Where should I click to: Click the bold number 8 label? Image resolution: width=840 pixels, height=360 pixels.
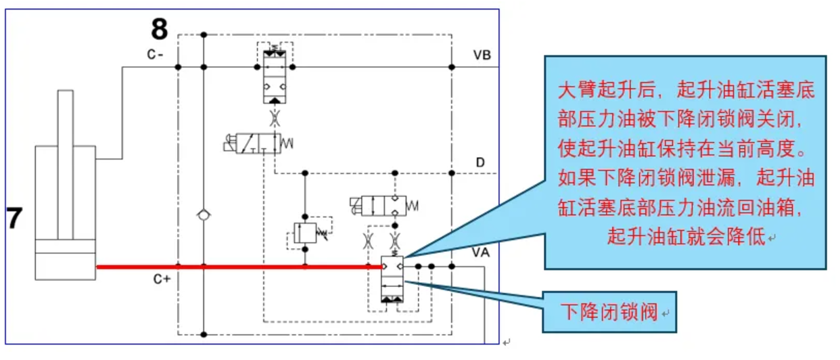(x=159, y=30)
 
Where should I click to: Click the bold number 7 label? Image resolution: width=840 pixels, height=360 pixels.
(x=15, y=219)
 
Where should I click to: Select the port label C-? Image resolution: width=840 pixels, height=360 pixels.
(x=155, y=55)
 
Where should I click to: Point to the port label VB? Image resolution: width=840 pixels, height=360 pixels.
(x=482, y=55)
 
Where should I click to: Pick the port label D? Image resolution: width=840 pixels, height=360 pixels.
(x=480, y=162)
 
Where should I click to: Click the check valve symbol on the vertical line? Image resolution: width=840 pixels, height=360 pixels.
(x=202, y=215)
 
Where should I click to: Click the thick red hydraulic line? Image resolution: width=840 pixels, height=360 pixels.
(x=237, y=267)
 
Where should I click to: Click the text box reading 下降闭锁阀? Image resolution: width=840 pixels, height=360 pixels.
(x=609, y=313)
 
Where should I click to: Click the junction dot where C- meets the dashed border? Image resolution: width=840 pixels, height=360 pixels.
(x=177, y=67)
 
